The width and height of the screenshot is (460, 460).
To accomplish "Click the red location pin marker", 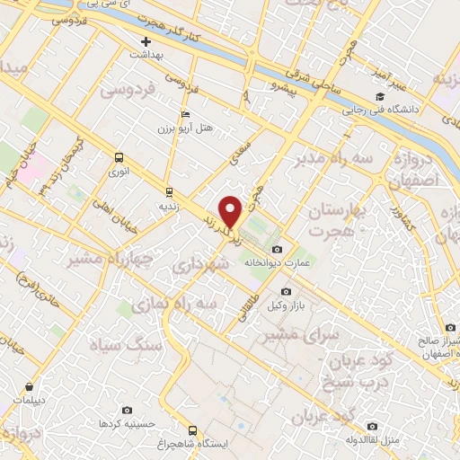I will [x=232, y=212].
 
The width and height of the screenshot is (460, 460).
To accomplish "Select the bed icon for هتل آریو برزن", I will [x=186, y=115].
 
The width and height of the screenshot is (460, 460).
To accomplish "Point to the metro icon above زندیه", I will [x=168, y=192].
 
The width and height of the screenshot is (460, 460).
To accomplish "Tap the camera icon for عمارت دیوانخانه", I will [x=276, y=249].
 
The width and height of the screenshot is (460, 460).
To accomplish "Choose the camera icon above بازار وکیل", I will [x=287, y=291].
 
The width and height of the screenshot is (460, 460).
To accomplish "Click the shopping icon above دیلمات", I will [x=30, y=386].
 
